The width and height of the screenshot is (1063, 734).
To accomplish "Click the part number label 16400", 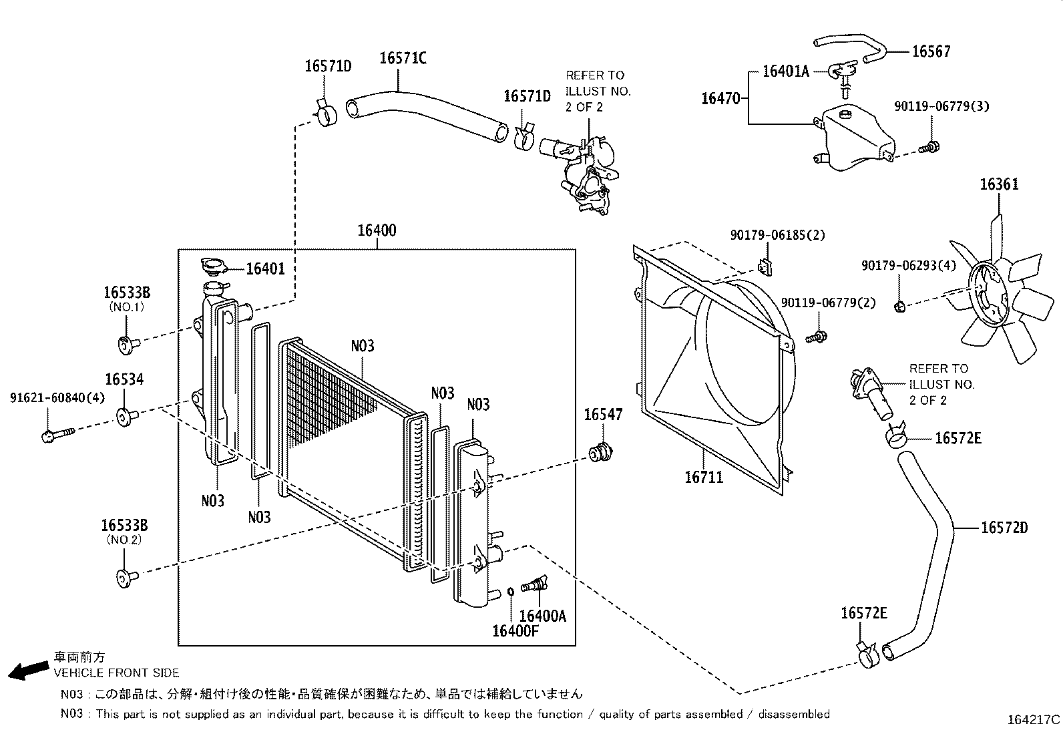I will pos(377,230).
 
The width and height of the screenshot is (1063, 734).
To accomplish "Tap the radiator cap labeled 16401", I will pos(214,268).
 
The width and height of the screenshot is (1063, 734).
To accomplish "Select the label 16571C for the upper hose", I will pos(403,58).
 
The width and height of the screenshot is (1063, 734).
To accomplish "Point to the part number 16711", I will pos(704,477).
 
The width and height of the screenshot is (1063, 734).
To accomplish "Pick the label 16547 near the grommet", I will pos(603,415).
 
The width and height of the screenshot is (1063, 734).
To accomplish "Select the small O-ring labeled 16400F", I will pos(510,591).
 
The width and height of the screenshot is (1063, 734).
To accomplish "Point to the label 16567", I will pos(931,51).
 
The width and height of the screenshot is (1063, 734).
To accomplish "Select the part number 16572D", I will pos(1004,528).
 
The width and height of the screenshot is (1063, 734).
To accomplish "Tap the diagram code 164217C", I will pos(1033,720).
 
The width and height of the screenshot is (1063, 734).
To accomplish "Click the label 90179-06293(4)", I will pos(908,265).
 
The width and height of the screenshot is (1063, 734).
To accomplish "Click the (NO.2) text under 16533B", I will pos(125,540).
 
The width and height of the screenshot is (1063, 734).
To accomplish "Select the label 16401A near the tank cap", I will pos(785,71).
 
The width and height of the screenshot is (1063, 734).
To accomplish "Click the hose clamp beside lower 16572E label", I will pos(867,655).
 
